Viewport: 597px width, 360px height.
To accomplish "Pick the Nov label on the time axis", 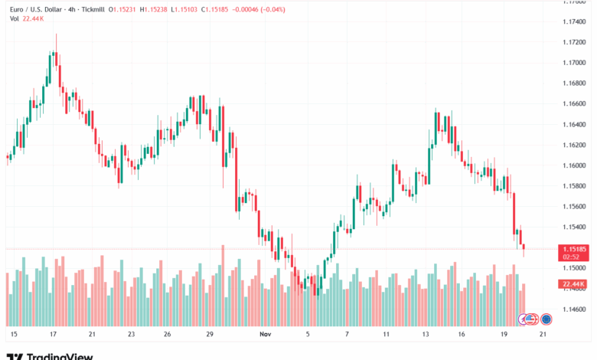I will tap(266, 335).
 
